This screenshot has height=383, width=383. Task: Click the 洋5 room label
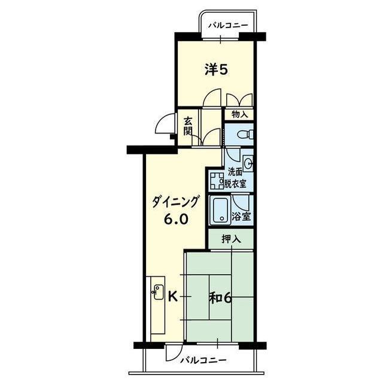point(216,70)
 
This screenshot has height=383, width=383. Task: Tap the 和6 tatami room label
point(220,298)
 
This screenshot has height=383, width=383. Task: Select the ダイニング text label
point(175,202)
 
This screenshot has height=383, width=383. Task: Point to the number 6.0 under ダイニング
point(176,220)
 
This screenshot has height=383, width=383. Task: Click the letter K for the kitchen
point(173,297)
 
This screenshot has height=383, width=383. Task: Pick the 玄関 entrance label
point(187,126)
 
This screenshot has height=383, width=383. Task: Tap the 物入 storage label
point(239,114)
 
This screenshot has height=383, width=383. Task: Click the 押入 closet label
point(232,239)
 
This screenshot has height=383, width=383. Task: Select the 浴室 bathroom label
point(241,216)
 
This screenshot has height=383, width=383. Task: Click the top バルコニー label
point(228,25)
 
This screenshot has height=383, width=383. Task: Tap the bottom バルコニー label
point(203,360)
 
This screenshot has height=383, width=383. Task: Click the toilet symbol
point(245,134)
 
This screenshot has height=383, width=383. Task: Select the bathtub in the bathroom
point(221,210)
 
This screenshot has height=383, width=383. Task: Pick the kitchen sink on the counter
point(158,291)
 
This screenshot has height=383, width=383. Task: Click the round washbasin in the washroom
point(248,163)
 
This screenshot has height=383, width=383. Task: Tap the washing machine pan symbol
point(217,181)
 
